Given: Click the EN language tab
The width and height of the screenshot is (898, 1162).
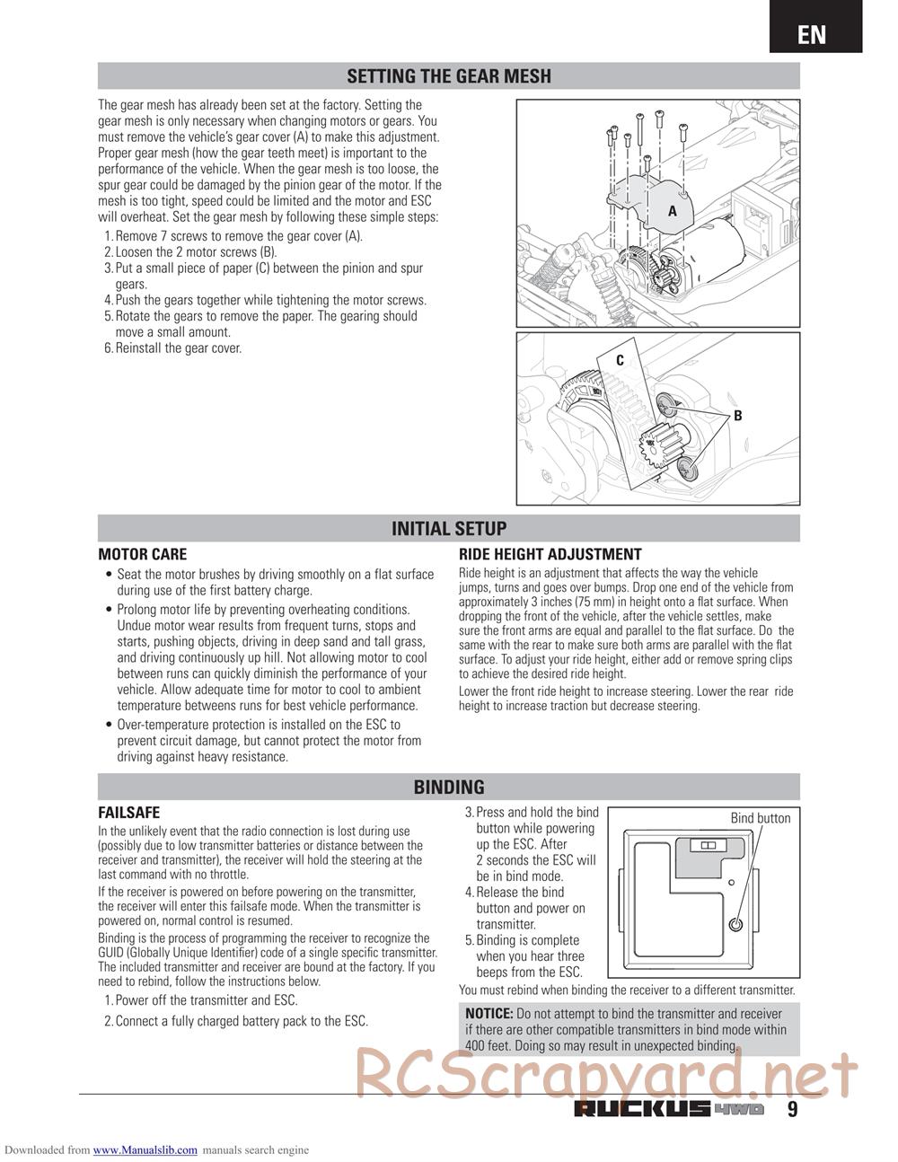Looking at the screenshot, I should click(x=812, y=34).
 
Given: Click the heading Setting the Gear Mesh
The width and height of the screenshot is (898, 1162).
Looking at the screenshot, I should click(x=448, y=76).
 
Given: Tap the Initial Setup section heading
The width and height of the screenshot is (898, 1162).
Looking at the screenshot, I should click(x=448, y=529).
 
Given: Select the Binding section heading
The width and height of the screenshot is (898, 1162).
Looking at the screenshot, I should click(x=448, y=788).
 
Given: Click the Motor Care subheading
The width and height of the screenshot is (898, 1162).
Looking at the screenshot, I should click(x=142, y=555).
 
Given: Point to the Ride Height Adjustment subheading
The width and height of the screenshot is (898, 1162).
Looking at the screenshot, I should click(x=550, y=555).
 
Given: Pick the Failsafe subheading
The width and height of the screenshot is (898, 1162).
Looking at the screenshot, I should click(x=128, y=813).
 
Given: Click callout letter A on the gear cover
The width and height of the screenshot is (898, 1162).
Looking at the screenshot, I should click(x=672, y=210).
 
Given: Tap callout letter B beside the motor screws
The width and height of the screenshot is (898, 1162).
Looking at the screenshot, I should click(x=737, y=416).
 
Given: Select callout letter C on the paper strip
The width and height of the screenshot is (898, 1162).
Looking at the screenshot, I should click(x=620, y=361).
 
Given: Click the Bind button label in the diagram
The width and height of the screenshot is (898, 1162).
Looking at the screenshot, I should click(x=760, y=818).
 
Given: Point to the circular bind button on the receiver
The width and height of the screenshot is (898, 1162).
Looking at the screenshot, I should click(x=735, y=925).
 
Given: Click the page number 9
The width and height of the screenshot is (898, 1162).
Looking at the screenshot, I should click(x=792, y=1109).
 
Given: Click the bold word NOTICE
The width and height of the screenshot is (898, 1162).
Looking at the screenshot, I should click(x=489, y=1014).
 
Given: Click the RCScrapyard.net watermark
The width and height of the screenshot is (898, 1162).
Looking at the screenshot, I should click(x=607, y=1074).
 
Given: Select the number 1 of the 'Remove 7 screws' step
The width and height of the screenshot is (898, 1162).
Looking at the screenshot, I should click(x=109, y=236).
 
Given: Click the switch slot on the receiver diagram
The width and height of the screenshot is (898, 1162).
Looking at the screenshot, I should click(x=705, y=845).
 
